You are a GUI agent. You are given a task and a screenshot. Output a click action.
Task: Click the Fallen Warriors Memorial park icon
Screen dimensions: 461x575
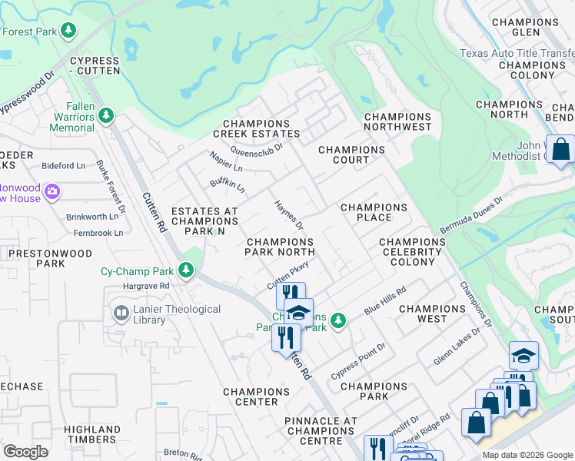pyautogui.click(x=106, y=117)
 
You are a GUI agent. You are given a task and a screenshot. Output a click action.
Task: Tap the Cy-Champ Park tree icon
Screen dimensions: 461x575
pyautogui.click(x=185, y=271)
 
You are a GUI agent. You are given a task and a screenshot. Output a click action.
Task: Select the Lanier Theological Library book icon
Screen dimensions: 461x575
pyautogui.click(x=121, y=313)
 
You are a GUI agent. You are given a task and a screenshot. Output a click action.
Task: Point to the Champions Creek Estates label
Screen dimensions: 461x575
pyautogui.click(x=256, y=129)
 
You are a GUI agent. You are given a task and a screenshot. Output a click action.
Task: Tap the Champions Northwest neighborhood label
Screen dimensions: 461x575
pyautogui.click(x=397, y=121)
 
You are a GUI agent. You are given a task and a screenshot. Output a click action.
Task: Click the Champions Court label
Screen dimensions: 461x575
pyautogui.click(x=351, y=154)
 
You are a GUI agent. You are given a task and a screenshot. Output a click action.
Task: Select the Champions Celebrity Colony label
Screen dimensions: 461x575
pyautogui.click(x=412, y=251)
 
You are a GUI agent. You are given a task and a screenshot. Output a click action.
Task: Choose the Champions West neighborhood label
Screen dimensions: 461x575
pyautogui.click(x=432, y=313)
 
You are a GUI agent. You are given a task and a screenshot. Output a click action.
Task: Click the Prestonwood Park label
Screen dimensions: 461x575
pyautogui.click(x=50, y=258)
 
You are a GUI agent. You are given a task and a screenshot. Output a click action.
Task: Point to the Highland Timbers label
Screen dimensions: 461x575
pyautogui.click(x=90, y=434)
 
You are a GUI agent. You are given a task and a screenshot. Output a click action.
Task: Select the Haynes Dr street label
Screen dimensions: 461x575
pyautogui.click(x=290, y=215)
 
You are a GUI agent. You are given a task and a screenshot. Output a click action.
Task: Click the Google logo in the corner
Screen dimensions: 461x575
pyautogui.click(x=25, y=452)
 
